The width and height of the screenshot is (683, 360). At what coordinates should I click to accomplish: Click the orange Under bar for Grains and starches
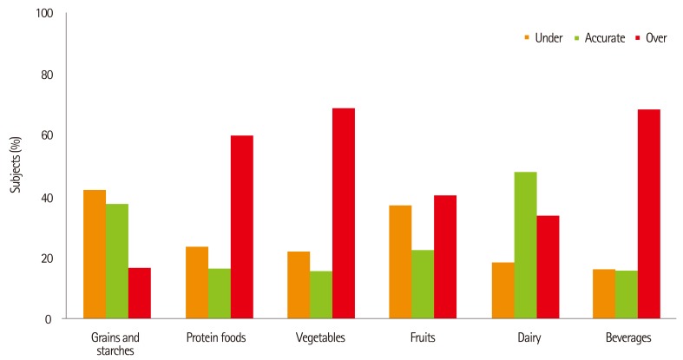click(x=95, y=254)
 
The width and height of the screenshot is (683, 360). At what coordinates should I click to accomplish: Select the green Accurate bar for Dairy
click(x=525, y=245)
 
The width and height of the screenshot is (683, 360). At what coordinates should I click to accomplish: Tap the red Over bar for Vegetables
click(x=344, y=213)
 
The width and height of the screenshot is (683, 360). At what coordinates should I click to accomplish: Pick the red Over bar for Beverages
click(x=648, y=214)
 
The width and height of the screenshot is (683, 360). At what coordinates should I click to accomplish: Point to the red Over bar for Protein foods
click(x=241, y=227)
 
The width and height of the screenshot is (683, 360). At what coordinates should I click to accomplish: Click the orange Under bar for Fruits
click(x=401, y=262)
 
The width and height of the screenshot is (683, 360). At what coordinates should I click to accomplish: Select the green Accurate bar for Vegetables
click(x=321, y=295)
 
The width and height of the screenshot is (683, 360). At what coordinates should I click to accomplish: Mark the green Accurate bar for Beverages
click(x=626, y=295)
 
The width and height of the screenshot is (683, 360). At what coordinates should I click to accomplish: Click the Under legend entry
click(x=543, y=38)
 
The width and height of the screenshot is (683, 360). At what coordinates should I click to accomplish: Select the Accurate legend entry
click(x=599, y=38)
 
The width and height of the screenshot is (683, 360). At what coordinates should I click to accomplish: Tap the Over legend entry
click(x=651, y=38)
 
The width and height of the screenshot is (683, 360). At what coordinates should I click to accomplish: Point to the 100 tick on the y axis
click(x=44, y=14)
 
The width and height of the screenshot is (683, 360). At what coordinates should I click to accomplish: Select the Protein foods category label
click(x=219, y=337)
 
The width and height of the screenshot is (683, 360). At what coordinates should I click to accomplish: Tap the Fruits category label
click(x=423, y=337)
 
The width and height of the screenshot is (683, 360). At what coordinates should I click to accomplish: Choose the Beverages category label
click(x=626, y=337)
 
